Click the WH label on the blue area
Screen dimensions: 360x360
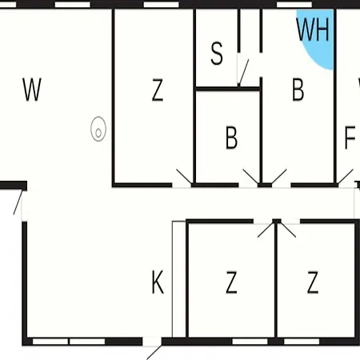tap(313, 30)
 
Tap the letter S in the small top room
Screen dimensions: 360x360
tap(217, 54)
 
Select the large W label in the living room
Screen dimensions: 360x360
tap(32, 90)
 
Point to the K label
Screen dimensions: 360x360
tap(158, 282)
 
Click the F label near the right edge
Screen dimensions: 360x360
tap(350, 138)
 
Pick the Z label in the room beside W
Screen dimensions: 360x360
tap(158, 90)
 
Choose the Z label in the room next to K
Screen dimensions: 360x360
tap(231, 282)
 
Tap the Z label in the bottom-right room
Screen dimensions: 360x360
tap(313, 282)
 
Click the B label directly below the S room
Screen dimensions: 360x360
tap(231, 138)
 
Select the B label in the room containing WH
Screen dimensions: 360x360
tap(298, 90)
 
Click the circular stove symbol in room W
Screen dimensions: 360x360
tap(98, 129)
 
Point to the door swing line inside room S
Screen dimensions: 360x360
tap(243, 73)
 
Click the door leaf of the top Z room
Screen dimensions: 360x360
tap(184, 176)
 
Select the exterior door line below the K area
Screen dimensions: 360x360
tap(154, 353)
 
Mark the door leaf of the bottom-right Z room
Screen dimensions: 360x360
tap(288, 230)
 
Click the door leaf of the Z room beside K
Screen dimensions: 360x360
tap(266, 230)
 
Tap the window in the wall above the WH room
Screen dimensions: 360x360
tap(294, 5)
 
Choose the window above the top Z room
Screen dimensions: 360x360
tap(161, 5)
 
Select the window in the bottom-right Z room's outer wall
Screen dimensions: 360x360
tap(302, 342)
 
